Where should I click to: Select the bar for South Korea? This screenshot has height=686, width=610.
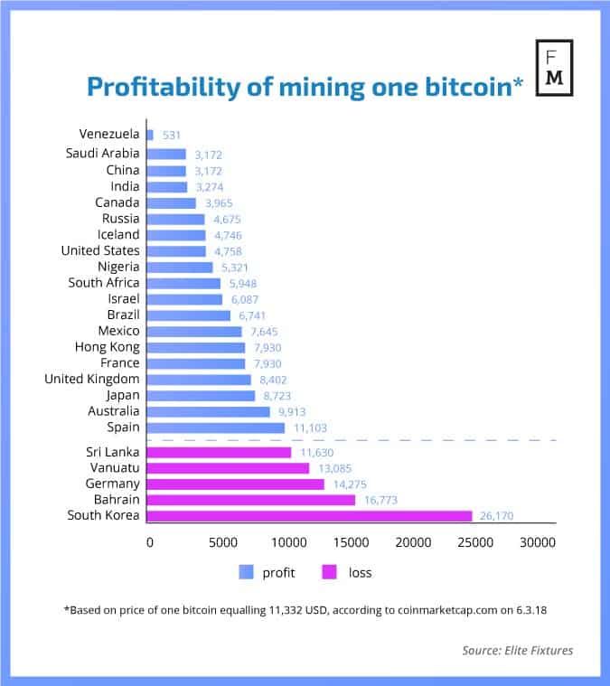click(x=309, y=515)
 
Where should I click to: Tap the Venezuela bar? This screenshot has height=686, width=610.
click(x=150, y=135)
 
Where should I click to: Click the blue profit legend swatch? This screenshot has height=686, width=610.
click(x=246, y=572)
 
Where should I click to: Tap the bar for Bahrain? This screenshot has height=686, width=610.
click(x=251, y=499)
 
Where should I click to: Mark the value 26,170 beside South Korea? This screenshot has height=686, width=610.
click(x=502, y=516)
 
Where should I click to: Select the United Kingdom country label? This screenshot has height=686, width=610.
click(x=92, y=379)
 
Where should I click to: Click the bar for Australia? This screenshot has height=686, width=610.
click(x=208, y=411)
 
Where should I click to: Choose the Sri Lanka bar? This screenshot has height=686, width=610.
click(x=219, y=452)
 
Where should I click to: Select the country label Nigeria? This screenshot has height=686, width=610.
click(x=118, y=267)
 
